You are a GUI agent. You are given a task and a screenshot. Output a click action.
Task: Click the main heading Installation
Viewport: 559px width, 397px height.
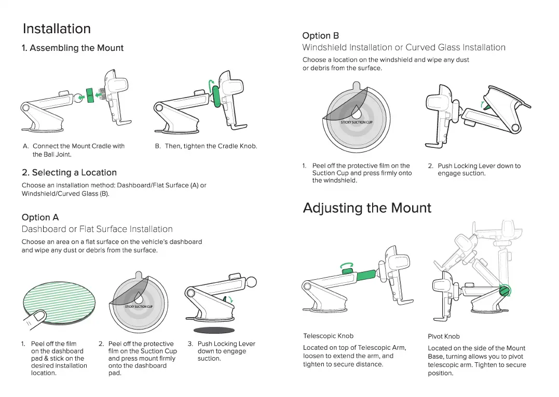pyautogui.click(x=57, y=29)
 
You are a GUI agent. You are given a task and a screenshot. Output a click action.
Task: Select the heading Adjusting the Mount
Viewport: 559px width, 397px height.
pyautogui.click(x=367, y=208)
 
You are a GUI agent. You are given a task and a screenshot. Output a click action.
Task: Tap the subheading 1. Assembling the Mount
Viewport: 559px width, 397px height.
pyautogui.click(x=73, y=48)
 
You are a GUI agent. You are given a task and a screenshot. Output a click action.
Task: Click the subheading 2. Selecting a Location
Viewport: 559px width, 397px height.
pyautogui.click(x=69, y=173)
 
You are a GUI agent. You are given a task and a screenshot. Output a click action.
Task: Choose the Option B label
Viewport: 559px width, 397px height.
pyautogui.click(x=320, y=36)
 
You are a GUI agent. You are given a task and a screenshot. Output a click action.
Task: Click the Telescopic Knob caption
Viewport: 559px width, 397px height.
pyautogui.click(x=328, y=336)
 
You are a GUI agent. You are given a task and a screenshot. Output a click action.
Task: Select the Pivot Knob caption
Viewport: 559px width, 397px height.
pyautogui.click(x=444, y=336)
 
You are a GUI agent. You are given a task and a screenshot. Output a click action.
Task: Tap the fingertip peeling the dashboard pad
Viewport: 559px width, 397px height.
pyautogui.click(x=36, y=319)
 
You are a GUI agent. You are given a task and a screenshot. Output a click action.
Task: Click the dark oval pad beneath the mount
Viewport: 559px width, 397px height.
pyautogui.click(x=214, y=330)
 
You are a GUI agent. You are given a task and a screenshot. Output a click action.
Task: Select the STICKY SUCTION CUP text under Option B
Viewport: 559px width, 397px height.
pyautogui.click(x=357, y=122)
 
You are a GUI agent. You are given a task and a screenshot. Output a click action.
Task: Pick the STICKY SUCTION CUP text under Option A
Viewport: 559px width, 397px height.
pyautogui.click(x=139, y=306)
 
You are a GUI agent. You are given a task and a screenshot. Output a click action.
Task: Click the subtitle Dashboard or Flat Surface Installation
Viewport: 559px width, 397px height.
pyautogui.click(x=97, y=229)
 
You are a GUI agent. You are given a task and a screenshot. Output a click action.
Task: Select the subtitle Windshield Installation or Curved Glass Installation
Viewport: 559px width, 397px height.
pyautogui.click(x=404, y=48)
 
